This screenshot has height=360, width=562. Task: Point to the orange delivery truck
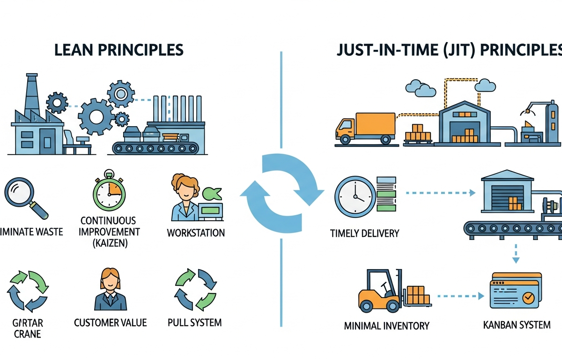point(365,127)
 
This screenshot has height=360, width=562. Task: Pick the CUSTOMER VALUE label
point(111,322)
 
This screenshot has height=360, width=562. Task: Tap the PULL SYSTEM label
point(194,322)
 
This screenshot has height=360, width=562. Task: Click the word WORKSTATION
point(196,232)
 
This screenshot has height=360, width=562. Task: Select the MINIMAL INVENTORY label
point(386,325)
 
